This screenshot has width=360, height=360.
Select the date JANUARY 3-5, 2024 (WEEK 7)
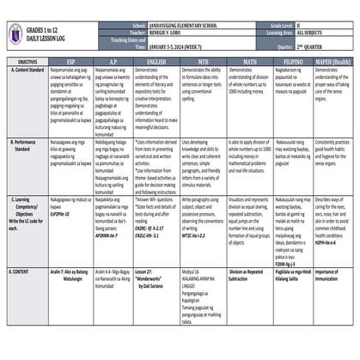point(171,49)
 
